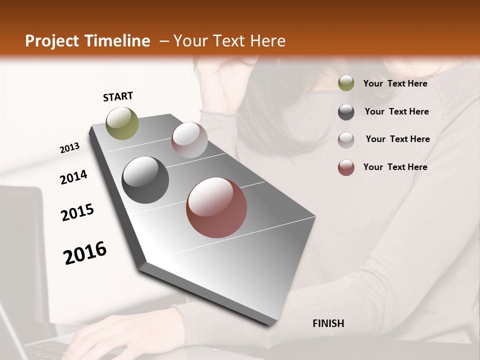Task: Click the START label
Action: [x=118, y=96]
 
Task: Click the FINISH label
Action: [x=328, y=323]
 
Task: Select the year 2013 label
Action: [x=70, y=148]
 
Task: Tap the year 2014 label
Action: [x=73, y=177]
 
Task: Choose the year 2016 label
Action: [x=85, y=253]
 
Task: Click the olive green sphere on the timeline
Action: [x=122, y=123]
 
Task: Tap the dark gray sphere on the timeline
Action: [x=145, y=180]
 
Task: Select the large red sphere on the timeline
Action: [x=216, y=207]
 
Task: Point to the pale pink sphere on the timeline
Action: [x=189, y=140]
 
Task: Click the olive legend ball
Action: [x=346, y=83]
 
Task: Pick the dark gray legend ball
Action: [x=346, y=111]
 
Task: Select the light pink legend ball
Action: [x=346, y=139]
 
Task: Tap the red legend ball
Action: [x=346, y=167]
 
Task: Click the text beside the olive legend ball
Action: [x=395, y=83]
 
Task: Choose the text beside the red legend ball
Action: [x=395, y=167]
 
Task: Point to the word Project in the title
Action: [x=52, y=41]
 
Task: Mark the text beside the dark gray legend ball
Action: [x=396, y=111]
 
